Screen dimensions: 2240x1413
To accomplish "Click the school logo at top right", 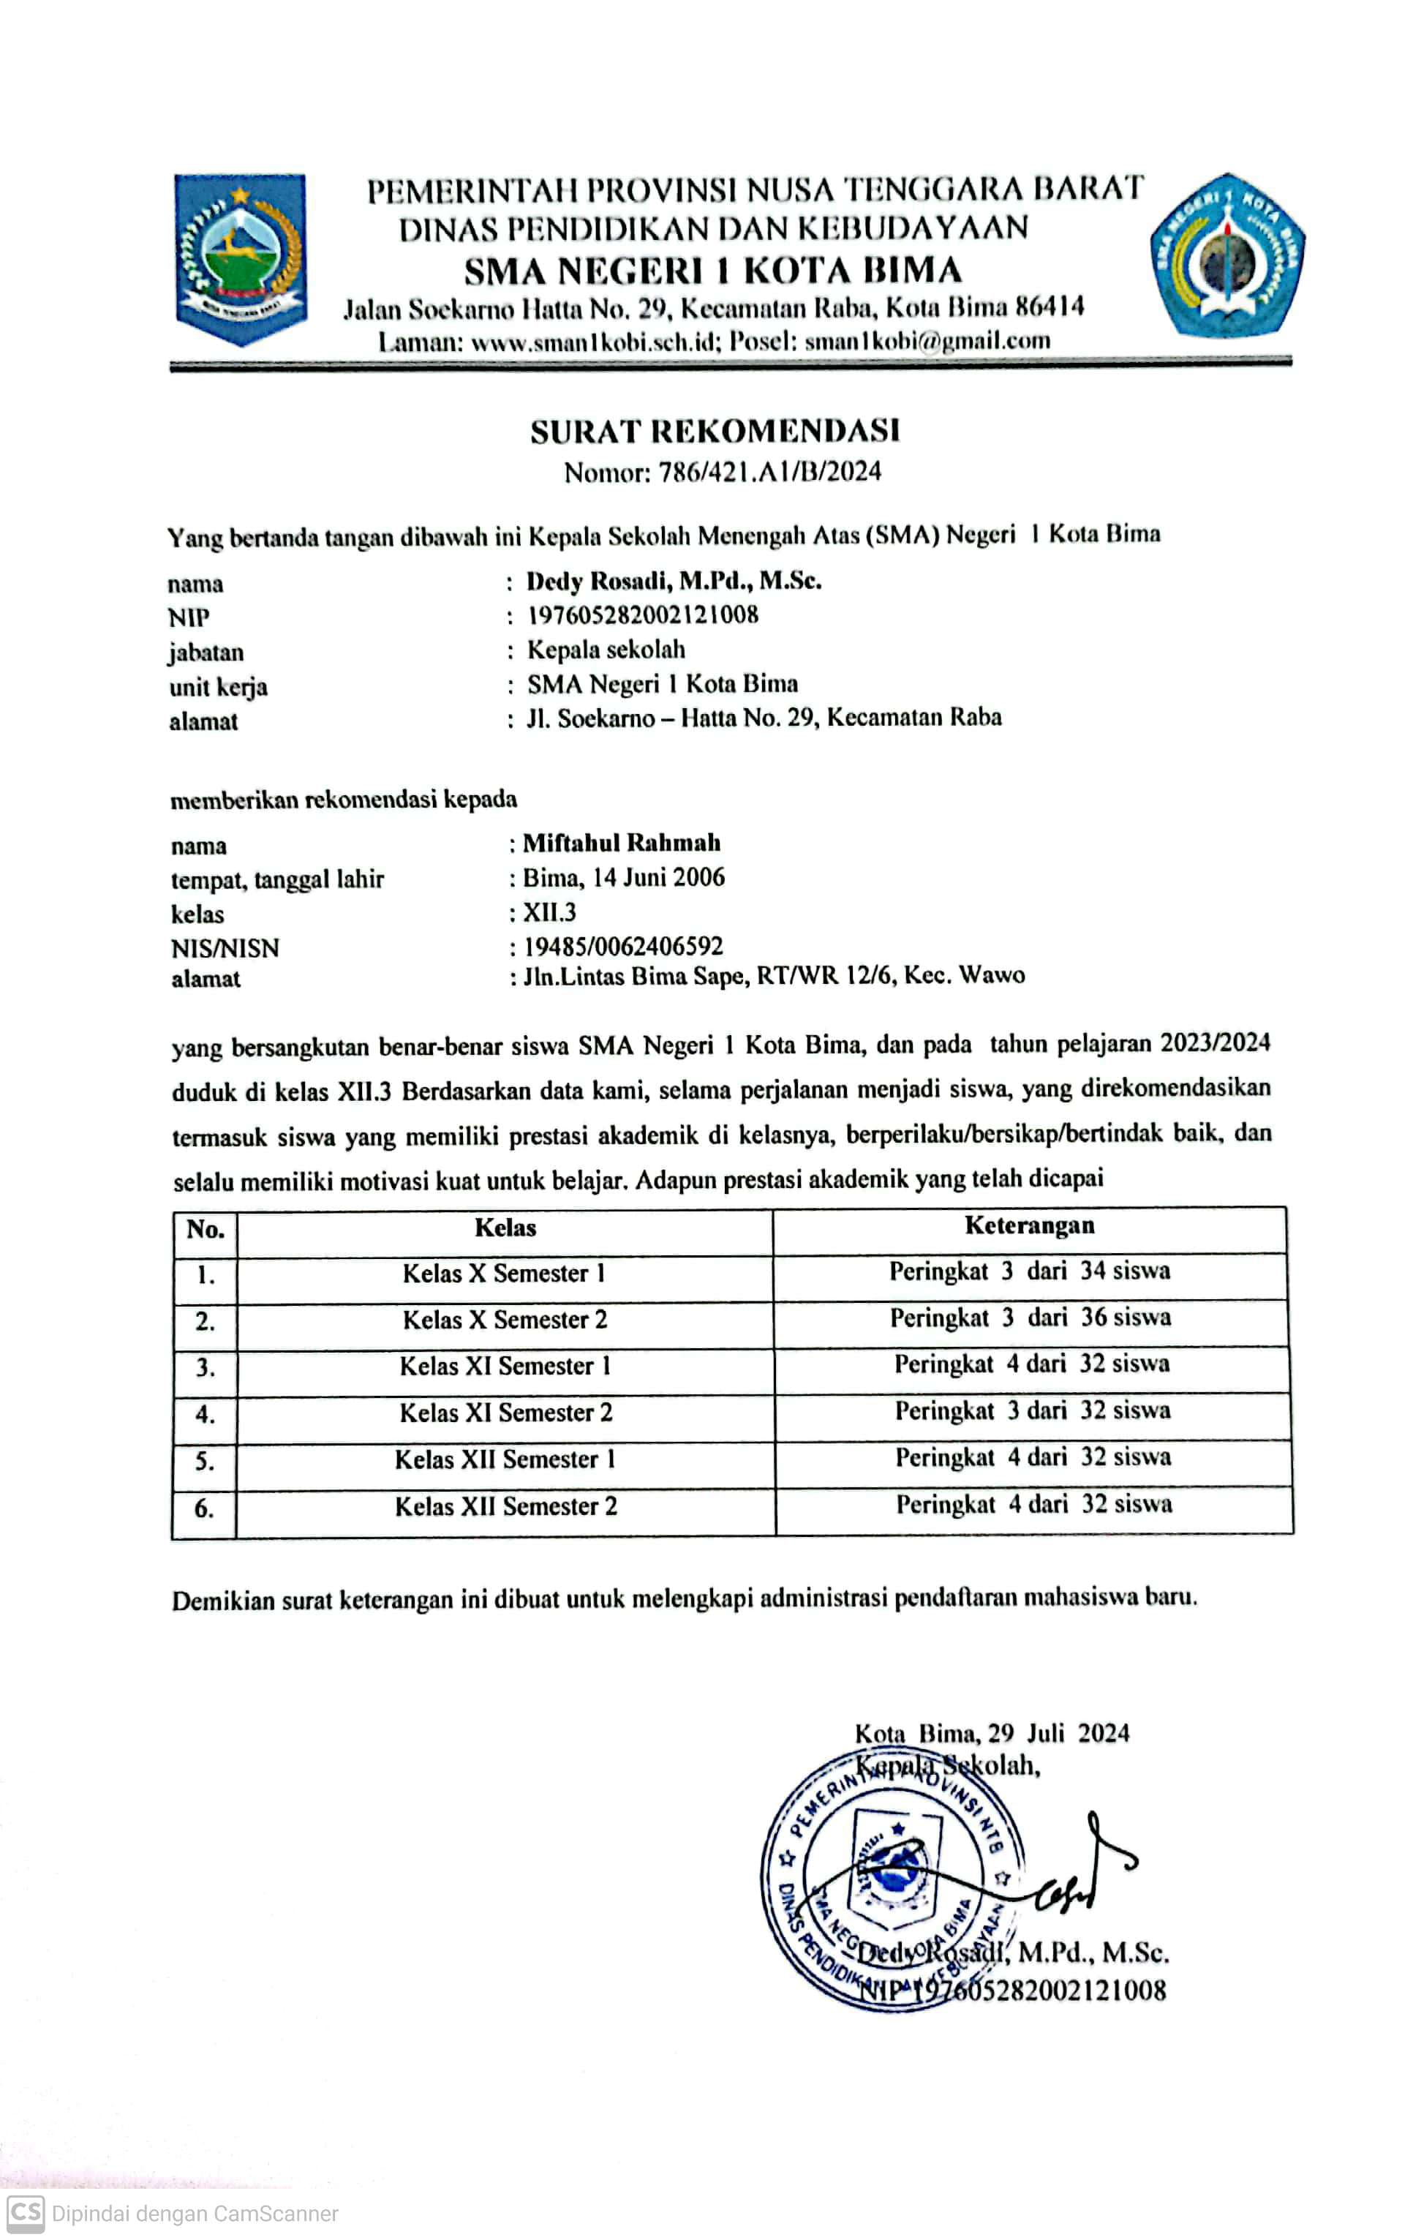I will tap(1227, 257).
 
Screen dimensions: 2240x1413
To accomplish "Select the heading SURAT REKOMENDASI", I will tap(715, 431).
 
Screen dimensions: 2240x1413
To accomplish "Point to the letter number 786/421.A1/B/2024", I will tap(769, 473).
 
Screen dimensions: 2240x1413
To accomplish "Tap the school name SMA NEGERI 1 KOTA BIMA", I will tap(712, 271).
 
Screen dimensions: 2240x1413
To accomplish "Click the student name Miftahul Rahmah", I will tap(622, 843).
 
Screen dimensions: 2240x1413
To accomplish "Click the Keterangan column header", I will tap(1029, 1226).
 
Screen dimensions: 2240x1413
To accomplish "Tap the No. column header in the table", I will tap(205, 1230).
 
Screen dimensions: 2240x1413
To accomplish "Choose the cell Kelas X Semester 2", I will tap(504, 1320).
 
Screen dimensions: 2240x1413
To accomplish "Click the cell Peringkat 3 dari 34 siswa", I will tap(1029, 1271).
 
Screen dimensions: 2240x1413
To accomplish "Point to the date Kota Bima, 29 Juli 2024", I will tap(992, 1733).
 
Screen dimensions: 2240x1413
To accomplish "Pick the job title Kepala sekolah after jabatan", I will tap(606, 650).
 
